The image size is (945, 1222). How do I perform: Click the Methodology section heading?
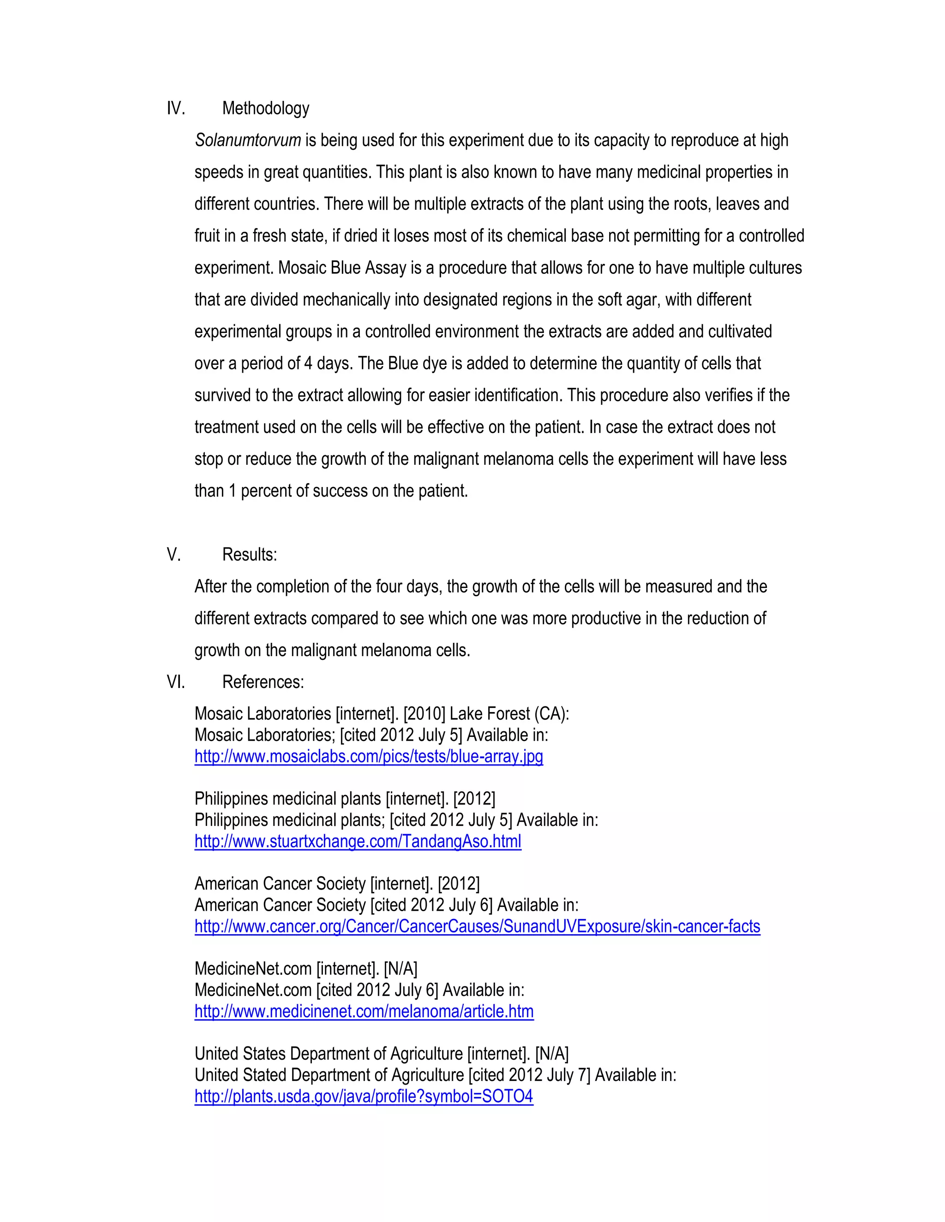click(x=265, y=108)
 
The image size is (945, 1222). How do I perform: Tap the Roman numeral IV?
click(x=175, y=108)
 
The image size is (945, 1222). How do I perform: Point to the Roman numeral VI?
click(x=175, y=682)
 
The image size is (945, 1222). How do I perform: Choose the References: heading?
click(x=263, y=682)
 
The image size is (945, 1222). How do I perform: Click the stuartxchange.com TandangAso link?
click(x=358, y=842)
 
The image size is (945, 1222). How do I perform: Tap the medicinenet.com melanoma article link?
click(x=364, y=1012)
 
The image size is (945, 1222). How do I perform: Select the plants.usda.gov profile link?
click(x=363, y=1097)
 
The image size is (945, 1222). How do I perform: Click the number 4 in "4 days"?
click(x=308, y=364)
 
